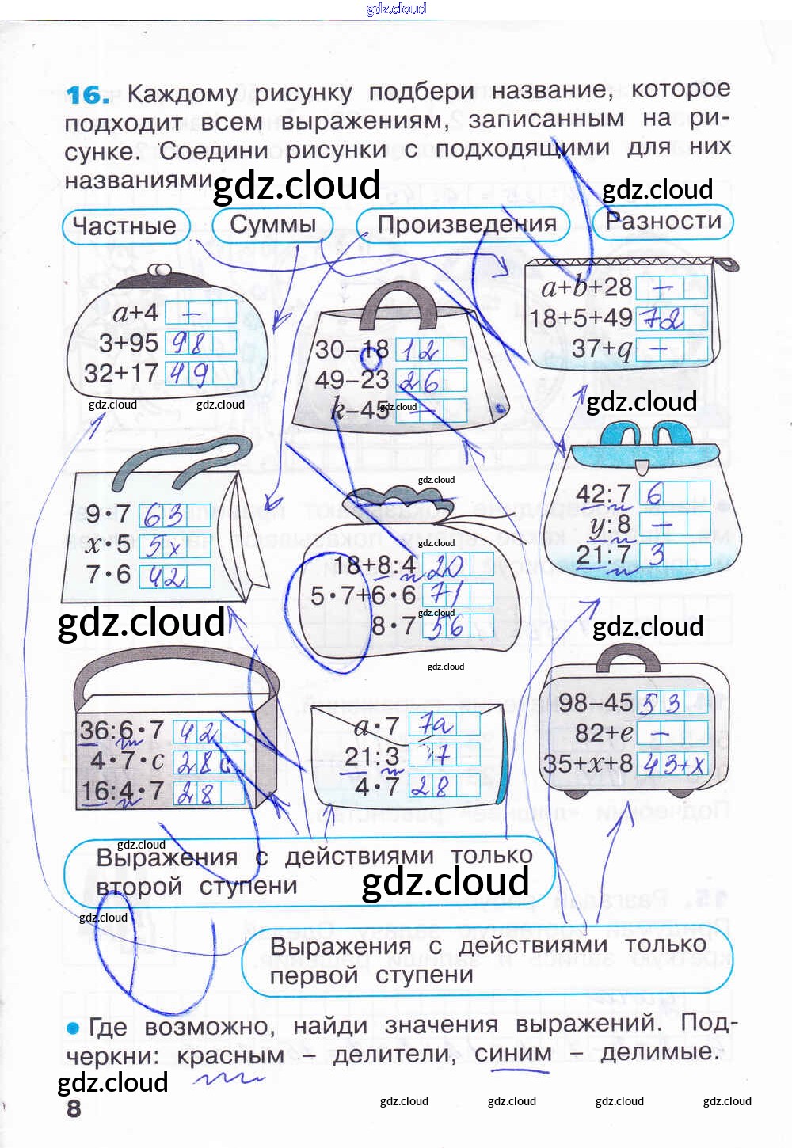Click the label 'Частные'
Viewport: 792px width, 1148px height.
(x=125, y=226)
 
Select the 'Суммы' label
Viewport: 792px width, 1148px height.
(x=272, y=224)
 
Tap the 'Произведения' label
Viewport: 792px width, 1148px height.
(x=466, y=224)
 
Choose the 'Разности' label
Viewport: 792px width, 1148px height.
(x=663, y=221)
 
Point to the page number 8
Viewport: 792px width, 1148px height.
(x=74, y=1108)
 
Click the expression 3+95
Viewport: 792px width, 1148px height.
(x=128, y=343)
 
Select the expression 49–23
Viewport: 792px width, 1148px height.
(x=352, y=380)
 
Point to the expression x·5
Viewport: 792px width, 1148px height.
(x=108, y=545)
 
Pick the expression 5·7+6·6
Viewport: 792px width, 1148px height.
(x=363, y=595)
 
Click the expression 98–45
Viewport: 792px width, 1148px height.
(x=595, y=702)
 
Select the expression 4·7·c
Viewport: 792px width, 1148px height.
(x=127, y=761)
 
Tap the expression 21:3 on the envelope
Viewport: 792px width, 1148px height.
(x=371, y=757)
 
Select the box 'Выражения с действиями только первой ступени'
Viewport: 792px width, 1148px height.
(x=486, y=960)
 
